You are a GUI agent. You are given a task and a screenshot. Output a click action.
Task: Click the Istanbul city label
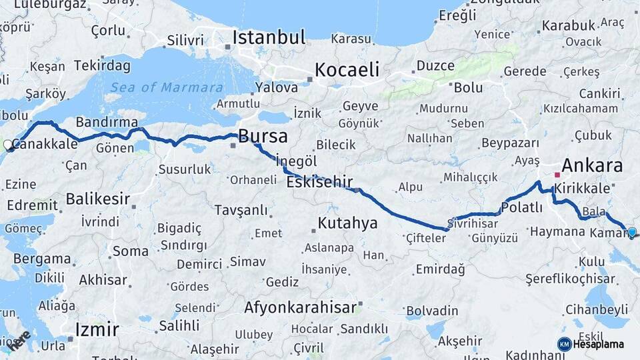tap(269, 37)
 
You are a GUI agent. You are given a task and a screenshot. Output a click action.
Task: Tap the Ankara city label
tap(592, 165)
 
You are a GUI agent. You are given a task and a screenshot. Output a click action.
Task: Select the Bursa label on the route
tap(263, 137)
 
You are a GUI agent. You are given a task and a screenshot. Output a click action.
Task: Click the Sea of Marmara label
tap(167, 87)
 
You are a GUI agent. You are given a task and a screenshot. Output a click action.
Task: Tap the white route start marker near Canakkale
tap(8, 144)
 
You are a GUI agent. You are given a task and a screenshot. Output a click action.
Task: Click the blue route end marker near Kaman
tap(632, 232)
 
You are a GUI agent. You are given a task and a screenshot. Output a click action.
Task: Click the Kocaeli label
tap(347, 69)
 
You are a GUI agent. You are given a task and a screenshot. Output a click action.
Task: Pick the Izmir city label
tap(97, 329)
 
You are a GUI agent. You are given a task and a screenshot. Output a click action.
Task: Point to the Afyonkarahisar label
tap(301, 308)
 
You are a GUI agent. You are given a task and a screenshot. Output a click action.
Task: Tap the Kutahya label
tap(347, 223)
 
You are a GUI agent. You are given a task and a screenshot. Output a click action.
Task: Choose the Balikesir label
tap(97, 199)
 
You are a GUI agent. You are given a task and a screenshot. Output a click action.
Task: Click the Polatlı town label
tap(522, 207)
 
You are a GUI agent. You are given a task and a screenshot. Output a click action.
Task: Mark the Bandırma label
tap(107, 122)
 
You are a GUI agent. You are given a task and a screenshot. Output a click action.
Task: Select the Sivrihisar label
tap(473, 223)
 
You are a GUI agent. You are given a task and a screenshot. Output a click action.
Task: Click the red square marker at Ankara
tap(557, 175)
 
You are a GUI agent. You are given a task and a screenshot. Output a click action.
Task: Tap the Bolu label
tap(468, 87)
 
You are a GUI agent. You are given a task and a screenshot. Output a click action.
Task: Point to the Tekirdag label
tap(102, 65)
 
